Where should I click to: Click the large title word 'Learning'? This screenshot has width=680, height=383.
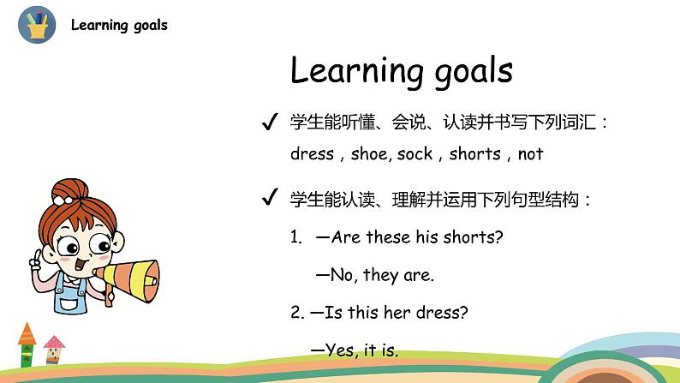367,70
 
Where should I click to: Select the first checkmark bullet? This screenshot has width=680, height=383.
269,123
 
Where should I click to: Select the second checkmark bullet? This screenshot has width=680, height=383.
269,200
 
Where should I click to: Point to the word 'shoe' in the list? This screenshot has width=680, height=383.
369,154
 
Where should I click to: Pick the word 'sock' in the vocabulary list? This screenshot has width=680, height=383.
415,154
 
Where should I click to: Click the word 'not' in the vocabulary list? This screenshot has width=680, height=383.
530,154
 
